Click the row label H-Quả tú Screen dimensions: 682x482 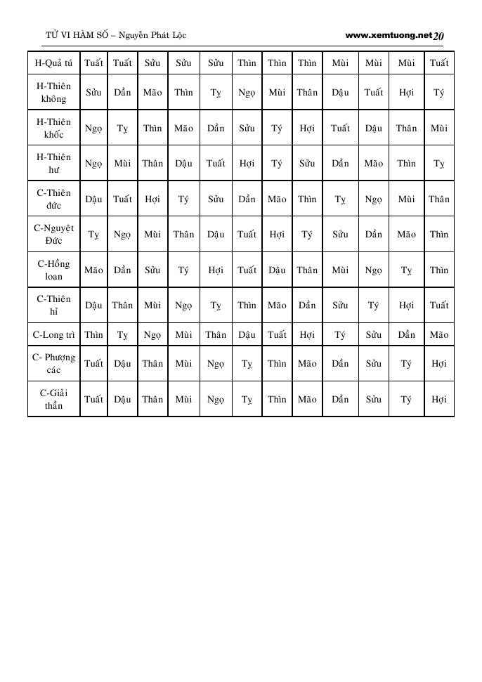(54, 63)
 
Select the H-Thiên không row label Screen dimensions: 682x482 (54, 92)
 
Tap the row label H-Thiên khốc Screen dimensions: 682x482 (54, 128)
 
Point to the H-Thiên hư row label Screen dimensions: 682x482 (54, 164)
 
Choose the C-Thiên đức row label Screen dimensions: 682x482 (54, 199)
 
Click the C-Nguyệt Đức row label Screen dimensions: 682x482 (54, 235)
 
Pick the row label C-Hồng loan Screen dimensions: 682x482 (54, 270)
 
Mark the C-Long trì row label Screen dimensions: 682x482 (54, 335)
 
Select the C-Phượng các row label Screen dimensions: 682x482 (54, 364)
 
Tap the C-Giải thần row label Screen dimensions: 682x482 (54, 399)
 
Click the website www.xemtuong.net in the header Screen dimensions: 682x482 (389, 34)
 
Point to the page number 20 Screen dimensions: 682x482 (439, 36)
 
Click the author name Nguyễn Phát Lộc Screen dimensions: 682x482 (154, 35)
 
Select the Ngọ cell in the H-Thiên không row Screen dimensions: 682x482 (247, 92)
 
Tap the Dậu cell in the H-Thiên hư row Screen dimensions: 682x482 (184, 164)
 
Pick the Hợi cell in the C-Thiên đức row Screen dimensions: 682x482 (152, 199)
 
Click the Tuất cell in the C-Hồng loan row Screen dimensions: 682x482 (247, 270)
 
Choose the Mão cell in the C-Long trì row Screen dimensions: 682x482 (439, 335)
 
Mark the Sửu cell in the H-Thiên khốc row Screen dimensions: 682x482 (247, 128)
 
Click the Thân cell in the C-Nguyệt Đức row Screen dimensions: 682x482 (184, 235)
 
